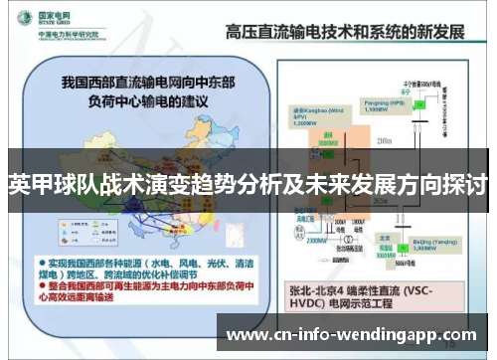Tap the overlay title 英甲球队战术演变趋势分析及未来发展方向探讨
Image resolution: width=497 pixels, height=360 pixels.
[248, 183]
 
